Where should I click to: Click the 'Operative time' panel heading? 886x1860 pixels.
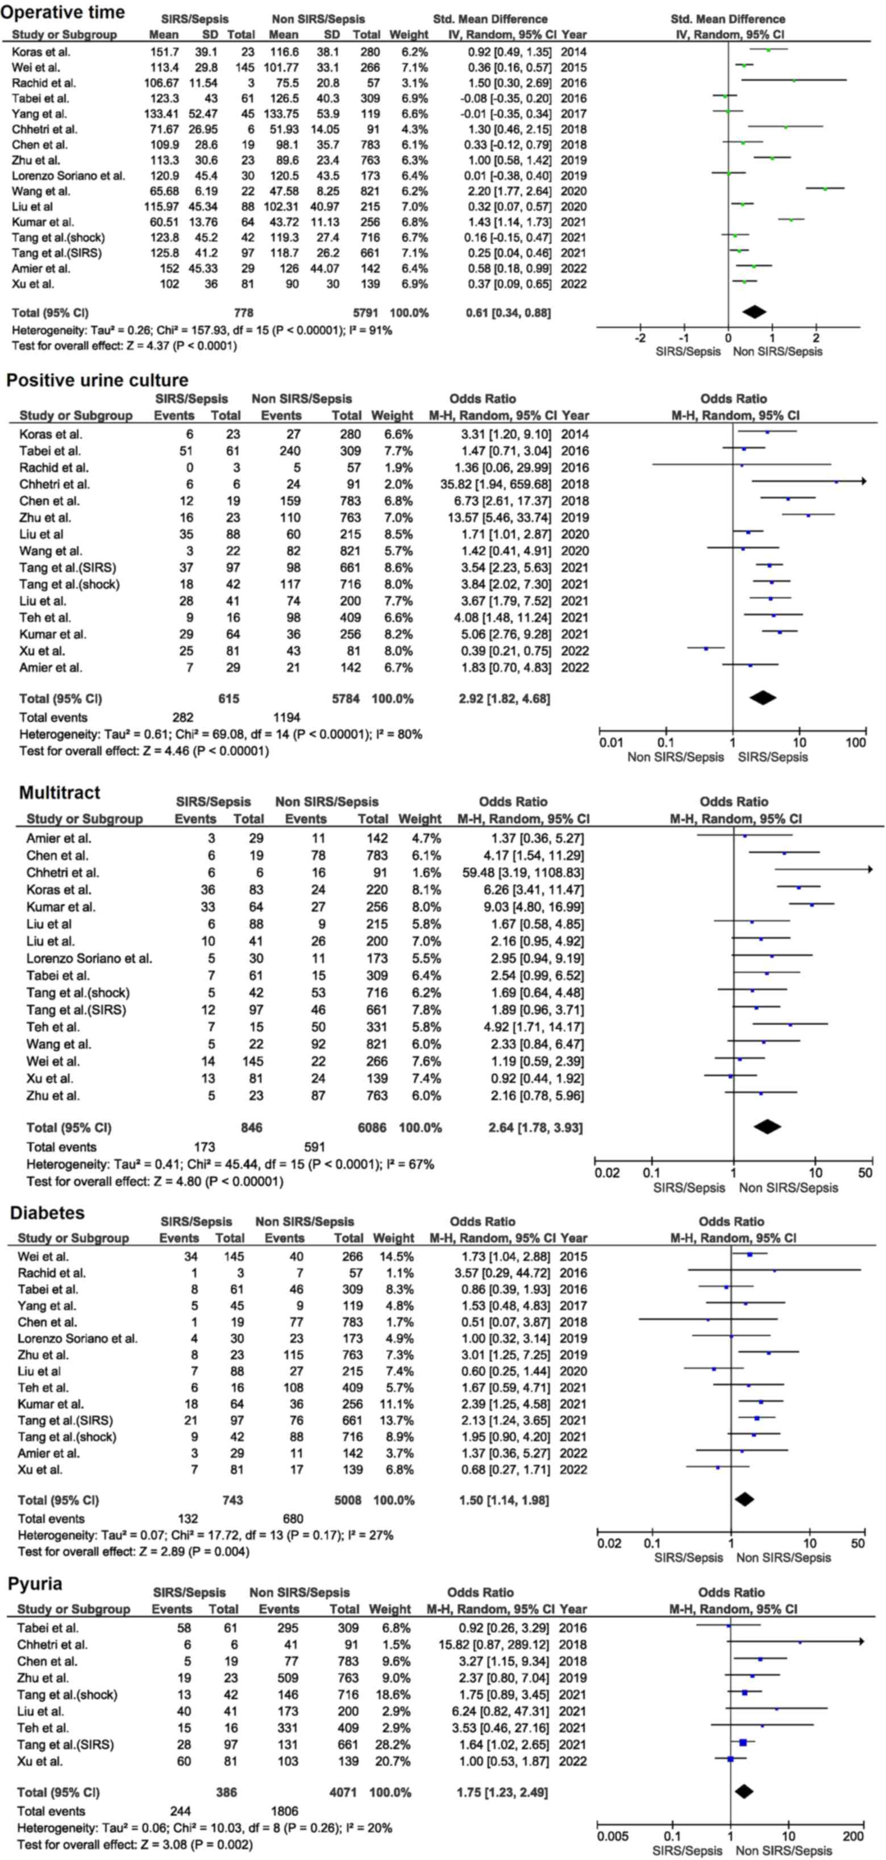tap(64, 13)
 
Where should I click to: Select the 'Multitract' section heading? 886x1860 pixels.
tap(59, 792)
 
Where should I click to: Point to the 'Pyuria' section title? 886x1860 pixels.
tap(35, 1583)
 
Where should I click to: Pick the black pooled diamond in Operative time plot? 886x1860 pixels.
tap(755, 311)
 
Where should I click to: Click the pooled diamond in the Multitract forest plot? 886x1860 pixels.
tap(767, 1126)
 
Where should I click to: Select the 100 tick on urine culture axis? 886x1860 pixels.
tap(856, 743)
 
